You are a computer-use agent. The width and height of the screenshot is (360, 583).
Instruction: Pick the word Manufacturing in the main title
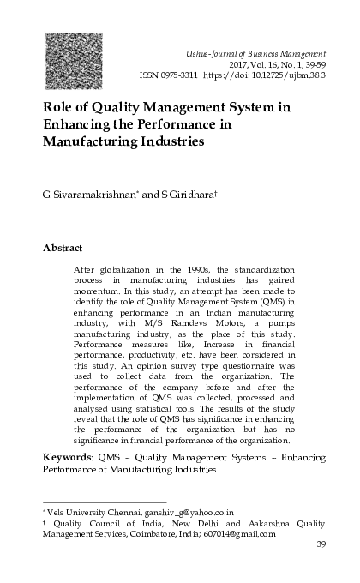coord(88,142)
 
